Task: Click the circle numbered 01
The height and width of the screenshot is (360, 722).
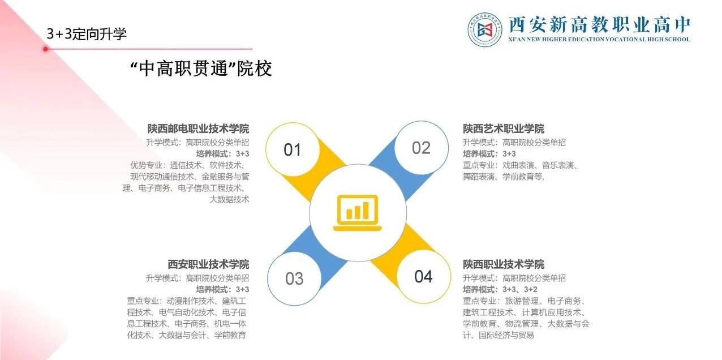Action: tap(292, 149)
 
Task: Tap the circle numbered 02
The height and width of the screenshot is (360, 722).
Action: tap(421, 148)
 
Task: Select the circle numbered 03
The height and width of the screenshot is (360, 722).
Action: tap(294, 278)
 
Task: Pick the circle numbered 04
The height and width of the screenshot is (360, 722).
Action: tap(423, 276)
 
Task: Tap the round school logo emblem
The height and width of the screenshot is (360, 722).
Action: tap(485, 29)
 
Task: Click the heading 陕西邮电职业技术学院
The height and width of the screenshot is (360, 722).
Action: tap(198, 128)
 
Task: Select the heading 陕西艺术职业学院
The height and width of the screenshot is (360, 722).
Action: tap(504, 128)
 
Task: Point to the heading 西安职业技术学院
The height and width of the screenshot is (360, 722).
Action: tap(208, 264)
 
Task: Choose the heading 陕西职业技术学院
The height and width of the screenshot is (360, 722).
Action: tap(504, 264)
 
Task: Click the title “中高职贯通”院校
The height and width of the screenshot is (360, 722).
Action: tap(201, 68)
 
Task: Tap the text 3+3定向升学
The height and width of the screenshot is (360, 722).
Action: tap(87, 34)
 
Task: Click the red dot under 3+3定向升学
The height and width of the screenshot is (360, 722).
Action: tap(45, 49)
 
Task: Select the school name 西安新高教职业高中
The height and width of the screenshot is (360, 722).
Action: tap(599, 24)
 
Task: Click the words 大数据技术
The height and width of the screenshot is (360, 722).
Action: tap(229, 199)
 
